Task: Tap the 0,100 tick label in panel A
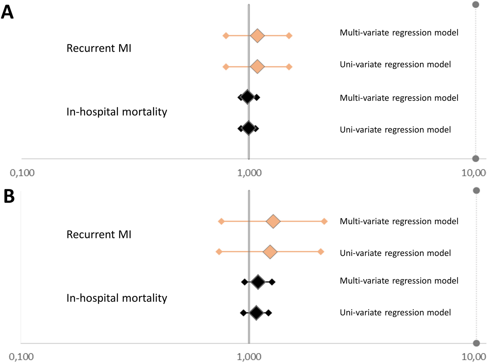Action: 22,173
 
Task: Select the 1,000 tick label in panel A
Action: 249,173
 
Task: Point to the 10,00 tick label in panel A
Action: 473,173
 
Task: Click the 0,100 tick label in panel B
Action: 21,357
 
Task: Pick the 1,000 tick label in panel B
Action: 249,357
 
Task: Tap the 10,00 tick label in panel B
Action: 473,357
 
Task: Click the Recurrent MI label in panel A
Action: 99,48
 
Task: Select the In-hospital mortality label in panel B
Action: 117,298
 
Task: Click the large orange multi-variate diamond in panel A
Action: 257,35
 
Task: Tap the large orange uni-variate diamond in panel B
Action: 270,252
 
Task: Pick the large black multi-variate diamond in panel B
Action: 258,282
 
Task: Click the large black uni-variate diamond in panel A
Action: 249,128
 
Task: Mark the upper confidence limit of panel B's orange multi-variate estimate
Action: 324,222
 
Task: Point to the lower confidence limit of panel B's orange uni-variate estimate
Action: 219,252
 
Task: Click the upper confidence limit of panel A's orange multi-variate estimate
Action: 289,35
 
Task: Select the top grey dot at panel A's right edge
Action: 476,5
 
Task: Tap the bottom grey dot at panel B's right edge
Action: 476,343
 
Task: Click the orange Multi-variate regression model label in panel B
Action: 399,222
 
